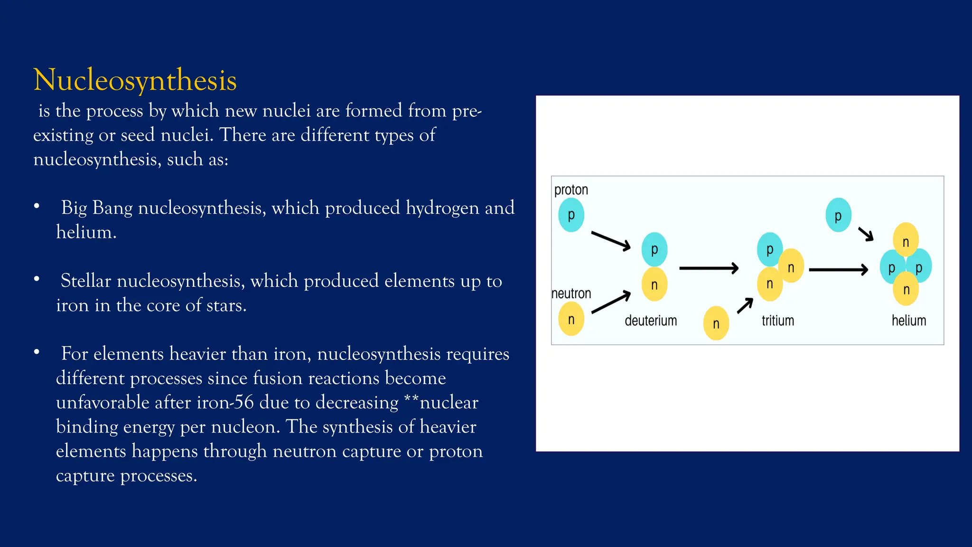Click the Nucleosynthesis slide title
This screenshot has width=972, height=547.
point(135,80)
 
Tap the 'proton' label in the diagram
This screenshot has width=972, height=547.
point(571,190)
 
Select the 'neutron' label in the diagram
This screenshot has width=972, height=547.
point(571,293)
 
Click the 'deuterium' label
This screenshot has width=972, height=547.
point(651,321)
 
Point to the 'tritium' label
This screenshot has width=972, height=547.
point(777,321)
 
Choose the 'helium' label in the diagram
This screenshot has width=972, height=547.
point(908,321)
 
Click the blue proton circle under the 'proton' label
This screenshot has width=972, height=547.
point(571,215)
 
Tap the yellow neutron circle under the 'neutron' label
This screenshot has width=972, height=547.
point(571,319)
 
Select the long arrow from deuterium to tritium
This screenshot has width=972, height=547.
point(709,268)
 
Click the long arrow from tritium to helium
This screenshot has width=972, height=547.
point(838,270)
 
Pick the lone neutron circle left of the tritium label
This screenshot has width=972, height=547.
point(716,323)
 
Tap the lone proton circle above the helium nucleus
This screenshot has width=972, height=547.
point(838,215)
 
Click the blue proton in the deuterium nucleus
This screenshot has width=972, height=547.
point(654,249)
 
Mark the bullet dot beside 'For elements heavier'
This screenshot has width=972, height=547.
point(37,352)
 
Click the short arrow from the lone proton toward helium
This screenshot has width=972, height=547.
point(866,234)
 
